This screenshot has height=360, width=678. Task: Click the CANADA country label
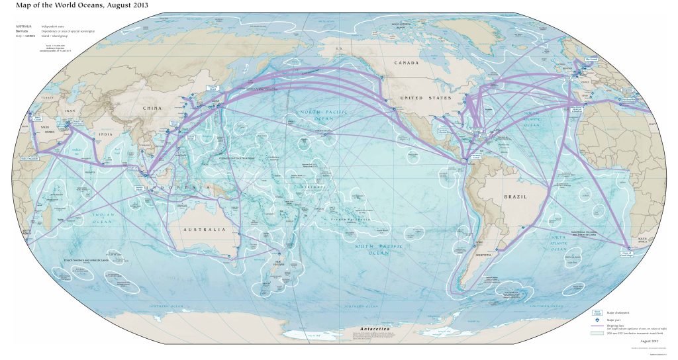click(x=407, y=63)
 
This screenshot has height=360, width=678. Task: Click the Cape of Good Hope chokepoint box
click(x=633, y=252)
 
